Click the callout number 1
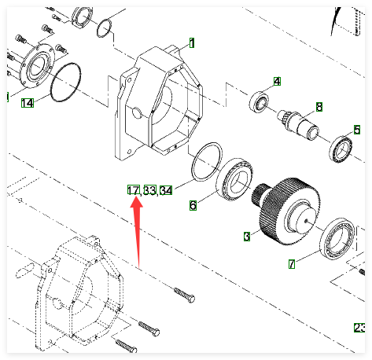tap(192, 43)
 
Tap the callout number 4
tap(277, 82)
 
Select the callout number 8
tap(319, 107)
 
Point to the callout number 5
tap(357, 130)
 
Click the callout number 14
tap(28, 103)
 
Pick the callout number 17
tap(134, 190)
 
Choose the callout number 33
tap(150, 190)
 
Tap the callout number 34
tap(166, 190)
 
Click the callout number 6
tap(193, 205)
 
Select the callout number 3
tap(247, 237)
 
